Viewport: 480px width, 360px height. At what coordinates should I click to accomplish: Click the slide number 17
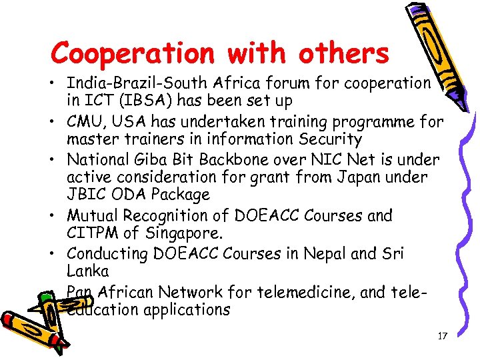(442, 336)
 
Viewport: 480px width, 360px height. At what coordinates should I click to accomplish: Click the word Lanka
(87, 271)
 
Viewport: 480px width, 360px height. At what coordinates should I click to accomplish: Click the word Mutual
(93, 216)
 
